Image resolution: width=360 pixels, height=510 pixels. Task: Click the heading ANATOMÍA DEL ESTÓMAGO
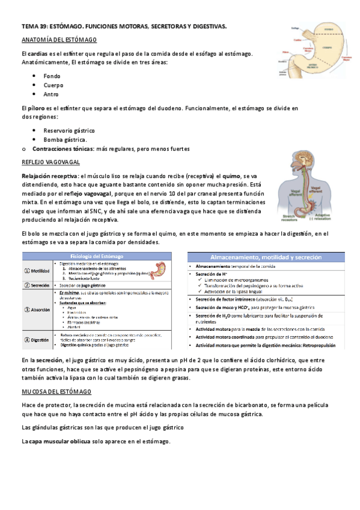[x=59, y=39]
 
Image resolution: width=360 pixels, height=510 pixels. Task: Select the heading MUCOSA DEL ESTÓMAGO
[x=56, y=392]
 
